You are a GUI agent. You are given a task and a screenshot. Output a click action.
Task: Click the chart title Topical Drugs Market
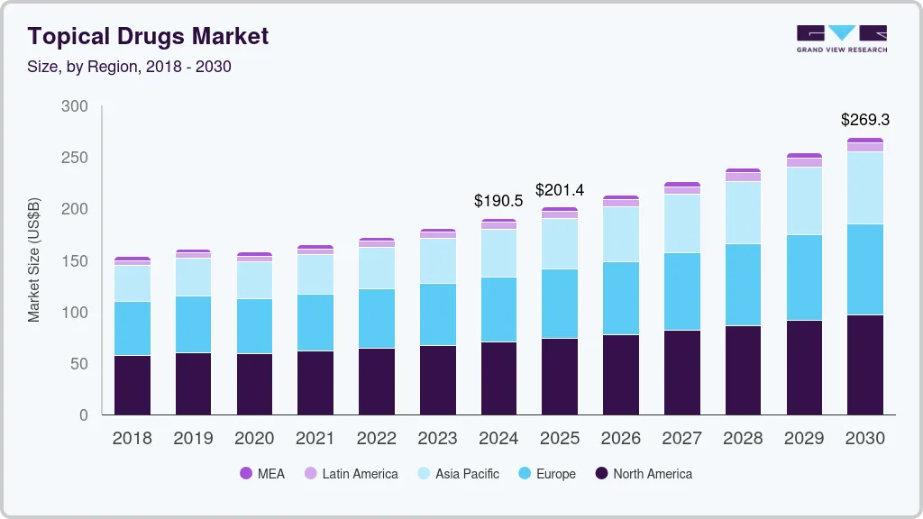(x=148, y=36)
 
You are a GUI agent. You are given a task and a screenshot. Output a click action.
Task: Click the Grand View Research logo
(x=841, y=38)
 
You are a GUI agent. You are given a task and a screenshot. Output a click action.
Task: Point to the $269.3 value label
(x=865, y=119)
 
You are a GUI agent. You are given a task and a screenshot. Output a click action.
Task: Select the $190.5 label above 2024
(x=498, y=201)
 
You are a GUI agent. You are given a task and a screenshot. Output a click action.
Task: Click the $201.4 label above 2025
(x=560, y=189)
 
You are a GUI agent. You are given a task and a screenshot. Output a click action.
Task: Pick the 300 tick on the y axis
(x=75, y=106)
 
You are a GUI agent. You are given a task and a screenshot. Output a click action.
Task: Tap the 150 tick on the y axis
(x=75, y=261)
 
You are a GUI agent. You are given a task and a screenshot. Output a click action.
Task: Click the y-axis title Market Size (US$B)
(x=34, y=260)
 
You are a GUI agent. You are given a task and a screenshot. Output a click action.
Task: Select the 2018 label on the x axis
(x=132, y=438)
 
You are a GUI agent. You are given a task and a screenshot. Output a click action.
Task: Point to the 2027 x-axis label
(x=681, y=438)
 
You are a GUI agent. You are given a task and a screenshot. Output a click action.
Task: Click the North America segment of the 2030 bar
(x=865, y=364)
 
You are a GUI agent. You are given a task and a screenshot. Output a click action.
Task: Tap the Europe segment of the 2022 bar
(x=376, y=318)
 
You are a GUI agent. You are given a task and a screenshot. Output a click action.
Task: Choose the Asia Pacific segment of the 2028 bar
(x=743, y=213)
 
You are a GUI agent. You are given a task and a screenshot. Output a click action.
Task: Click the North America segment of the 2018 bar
(x=132, y=385)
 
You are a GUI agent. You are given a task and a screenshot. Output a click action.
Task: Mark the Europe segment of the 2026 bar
(x=621, y=298)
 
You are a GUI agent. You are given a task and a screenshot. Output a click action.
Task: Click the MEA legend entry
(x=262, y=473)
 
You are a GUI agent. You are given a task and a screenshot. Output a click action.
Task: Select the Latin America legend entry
(x=351, y=473)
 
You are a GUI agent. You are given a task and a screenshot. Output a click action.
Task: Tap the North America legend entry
(x=644, y=473)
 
